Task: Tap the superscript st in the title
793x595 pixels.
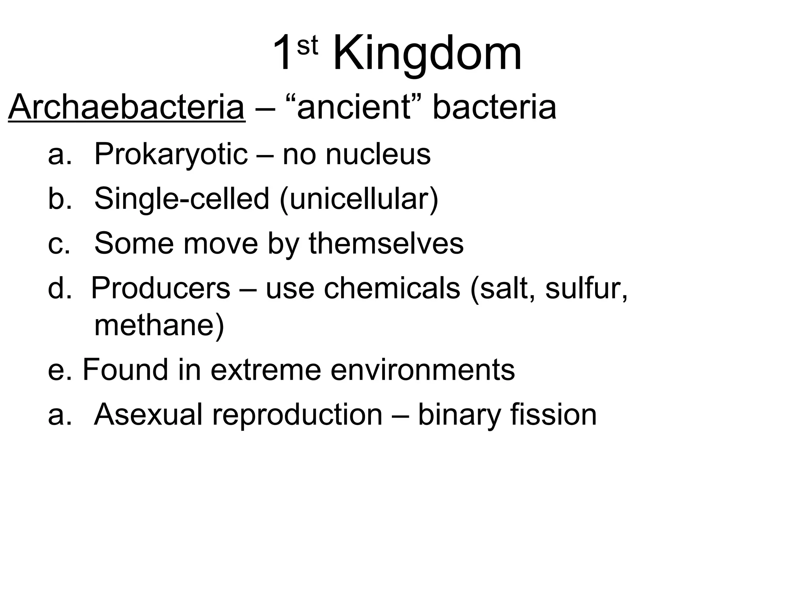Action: [x=307, y=46]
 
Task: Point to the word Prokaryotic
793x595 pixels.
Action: [x=171, y=155]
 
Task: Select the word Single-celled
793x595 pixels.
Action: [x=182, y=199]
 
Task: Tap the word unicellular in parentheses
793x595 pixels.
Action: [x=359, y=199]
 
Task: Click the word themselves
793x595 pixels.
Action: [x=386, y=243]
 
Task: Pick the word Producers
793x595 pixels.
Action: [x=161, y=288]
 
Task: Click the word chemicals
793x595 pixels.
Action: [x=392, y=288]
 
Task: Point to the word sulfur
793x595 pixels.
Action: [x=585, y=288]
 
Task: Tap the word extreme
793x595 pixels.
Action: [x=266, y=370]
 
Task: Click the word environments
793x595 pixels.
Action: [x=422, y=370]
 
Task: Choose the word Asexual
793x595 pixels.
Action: [x=148, y=415]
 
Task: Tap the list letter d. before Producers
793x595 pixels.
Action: [x=60, y=288]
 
